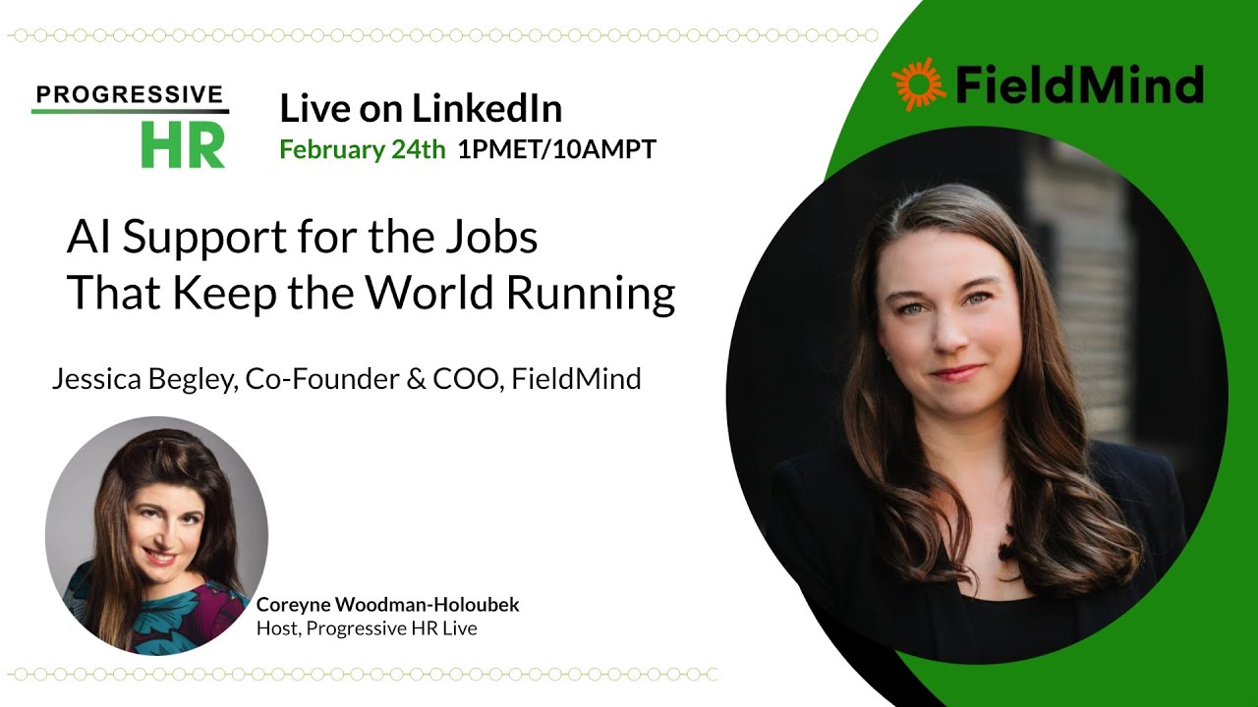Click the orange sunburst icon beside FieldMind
(918, 84)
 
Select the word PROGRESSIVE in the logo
(129, 94)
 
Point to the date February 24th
(363, 150)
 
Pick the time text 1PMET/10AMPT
(557, 150)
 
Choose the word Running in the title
(606, 295)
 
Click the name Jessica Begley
(143, 379)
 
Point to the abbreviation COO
(465, 379)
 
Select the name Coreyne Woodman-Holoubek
(387, 605)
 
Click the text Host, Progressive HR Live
(367, 628)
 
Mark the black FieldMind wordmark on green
(1078, 84)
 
